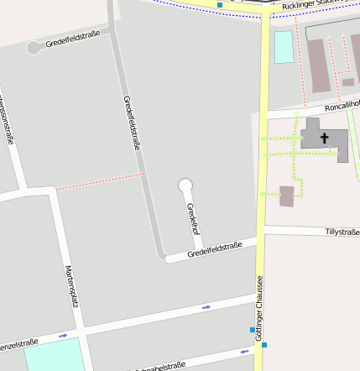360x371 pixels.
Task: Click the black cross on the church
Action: coord(325,137)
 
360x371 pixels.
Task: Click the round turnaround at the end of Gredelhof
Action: coord(185,185)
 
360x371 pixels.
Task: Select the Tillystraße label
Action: coord(342,231)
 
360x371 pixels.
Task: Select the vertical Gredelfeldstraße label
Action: coord(132,123)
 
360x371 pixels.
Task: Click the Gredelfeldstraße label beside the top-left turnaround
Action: coord(73,39)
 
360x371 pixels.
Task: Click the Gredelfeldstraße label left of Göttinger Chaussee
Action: coord(215,249)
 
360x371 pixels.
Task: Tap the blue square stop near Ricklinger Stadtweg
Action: coord(220,5)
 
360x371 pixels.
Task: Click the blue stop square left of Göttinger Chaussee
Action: coord(253,329)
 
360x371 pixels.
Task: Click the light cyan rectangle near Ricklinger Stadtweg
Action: coord(284,47)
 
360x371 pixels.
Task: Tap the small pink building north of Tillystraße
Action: coord(287,196)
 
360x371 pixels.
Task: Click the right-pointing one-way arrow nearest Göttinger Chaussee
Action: coord(206,307)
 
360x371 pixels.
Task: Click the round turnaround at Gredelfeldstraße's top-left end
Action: coord(34,47)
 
